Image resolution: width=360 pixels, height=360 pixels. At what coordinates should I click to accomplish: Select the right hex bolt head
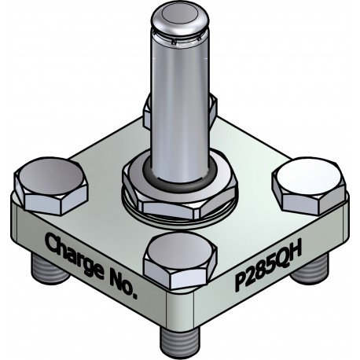point(309,185)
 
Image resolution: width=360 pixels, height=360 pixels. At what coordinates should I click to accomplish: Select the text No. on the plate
point(121,285)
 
